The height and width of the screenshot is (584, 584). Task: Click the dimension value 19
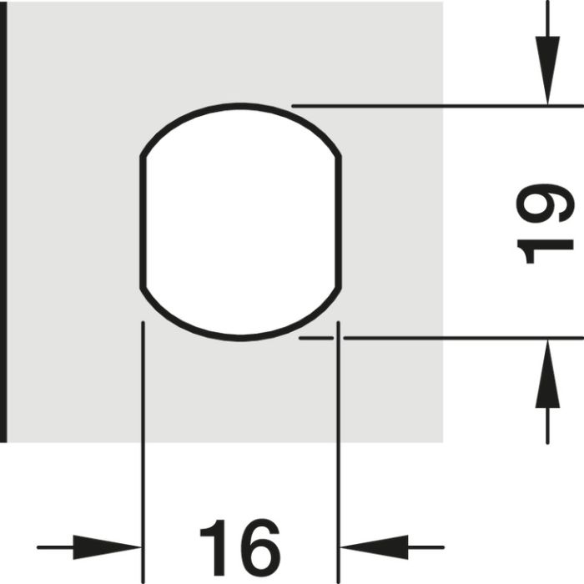[546, 224]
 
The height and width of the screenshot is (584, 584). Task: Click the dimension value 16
[240, 547]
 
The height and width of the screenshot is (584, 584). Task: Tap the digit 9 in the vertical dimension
[546, 203]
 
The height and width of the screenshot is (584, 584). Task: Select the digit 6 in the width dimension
[259, 547]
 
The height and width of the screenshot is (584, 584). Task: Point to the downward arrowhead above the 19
[547, 70]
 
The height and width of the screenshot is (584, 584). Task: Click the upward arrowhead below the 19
[547, 374]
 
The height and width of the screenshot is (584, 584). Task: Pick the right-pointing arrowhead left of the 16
[107, 547]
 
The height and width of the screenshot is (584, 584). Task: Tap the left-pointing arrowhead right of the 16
[375, 547]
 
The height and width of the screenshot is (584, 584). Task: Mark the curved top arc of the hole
[240, 106]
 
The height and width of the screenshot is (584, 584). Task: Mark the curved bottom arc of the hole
[240, 338]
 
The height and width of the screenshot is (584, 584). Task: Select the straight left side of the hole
[143, 223]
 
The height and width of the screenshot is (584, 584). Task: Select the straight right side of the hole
[339, 223]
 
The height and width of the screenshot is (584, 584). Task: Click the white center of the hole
[240, 222]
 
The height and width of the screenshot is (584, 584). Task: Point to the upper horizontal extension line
[438, 106]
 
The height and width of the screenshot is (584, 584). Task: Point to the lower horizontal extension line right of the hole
[463, 338]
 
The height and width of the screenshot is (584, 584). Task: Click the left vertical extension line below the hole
[143, 452]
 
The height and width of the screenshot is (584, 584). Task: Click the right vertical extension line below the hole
[338, 452]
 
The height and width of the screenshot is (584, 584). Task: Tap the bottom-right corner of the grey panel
[443, 442]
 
